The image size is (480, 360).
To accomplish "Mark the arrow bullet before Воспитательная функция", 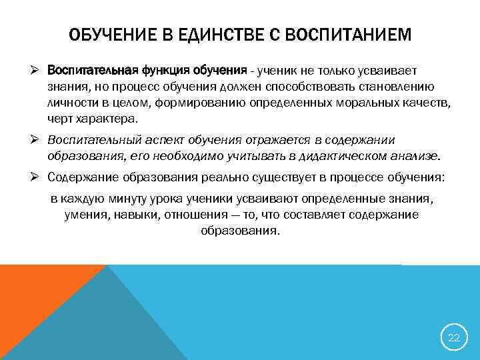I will (39, 71).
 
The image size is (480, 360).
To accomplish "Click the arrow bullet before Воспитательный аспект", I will (39, 140).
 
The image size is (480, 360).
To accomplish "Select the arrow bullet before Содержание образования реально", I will (39, 177).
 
